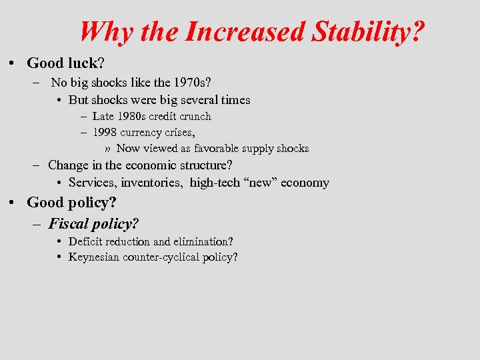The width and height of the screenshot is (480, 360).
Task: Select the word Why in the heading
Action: click(x=101, y=31)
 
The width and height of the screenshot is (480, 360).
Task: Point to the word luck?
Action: click(x=85, y=63)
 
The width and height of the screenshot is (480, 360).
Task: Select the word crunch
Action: click(x=195, y=117)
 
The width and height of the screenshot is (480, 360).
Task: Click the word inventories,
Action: click(x=153, y=183)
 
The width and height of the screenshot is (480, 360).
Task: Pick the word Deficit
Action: click(x=85, y=242)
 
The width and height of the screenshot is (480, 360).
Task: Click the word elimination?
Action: click(x=203, y=242)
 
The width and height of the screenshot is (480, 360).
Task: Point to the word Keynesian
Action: click(x=94, y=257)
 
